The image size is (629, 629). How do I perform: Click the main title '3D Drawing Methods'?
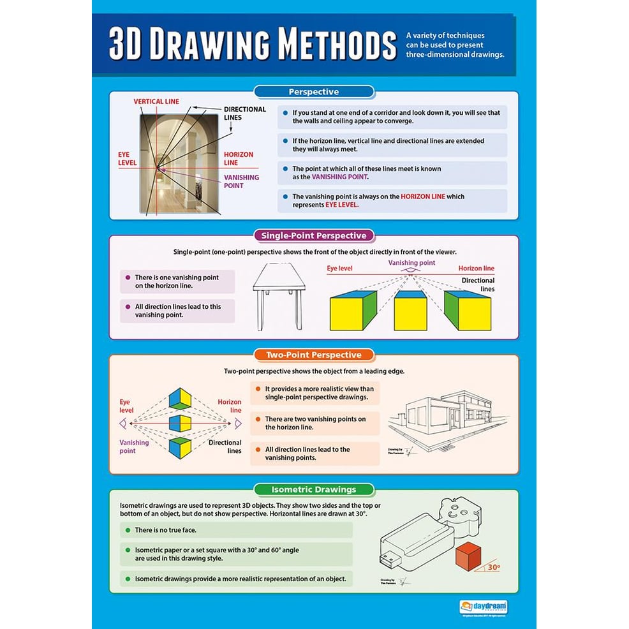tap(253, 45)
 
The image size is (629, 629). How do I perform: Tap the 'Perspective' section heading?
tap(313, 92)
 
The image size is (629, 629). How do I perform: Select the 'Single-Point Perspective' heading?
tap(313, 235)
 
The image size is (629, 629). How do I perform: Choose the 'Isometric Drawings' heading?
tap(313, 490)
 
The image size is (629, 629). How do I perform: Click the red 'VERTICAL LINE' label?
tap(156, 101)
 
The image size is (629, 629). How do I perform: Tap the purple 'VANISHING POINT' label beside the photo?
tap(241, 182)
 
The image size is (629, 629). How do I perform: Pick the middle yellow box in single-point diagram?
tap(410, 311)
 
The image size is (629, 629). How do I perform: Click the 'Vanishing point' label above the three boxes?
tap(411, 263)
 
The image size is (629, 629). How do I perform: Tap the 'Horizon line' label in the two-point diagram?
tap(229, 406)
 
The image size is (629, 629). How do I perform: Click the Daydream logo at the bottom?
tap(484, 606)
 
